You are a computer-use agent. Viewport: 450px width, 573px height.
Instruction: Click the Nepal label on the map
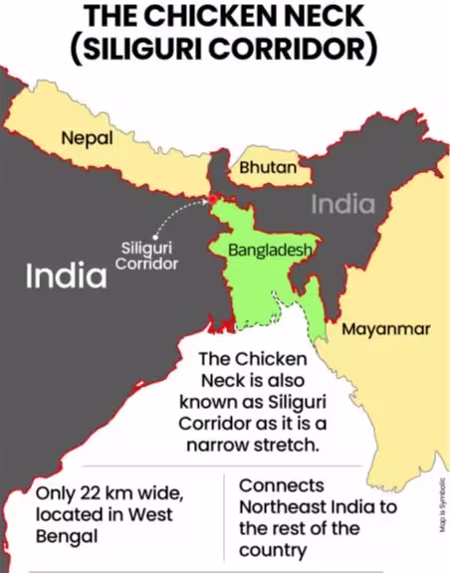pyautogui.click(x=87, y=138)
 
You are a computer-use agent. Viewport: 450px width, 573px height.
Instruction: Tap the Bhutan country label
pyautogui.click(x=267, y=168)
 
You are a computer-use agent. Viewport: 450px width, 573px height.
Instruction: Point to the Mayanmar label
pyautogui.click(x=386, y=329)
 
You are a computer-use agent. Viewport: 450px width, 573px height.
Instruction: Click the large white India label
pyautogui.click(x=66, y=276)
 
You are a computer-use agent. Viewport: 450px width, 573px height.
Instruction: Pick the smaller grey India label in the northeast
pyautogui.click(x=342, y=205)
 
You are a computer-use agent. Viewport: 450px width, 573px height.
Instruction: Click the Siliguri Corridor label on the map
pyautogui.click(x=146, y=257)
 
